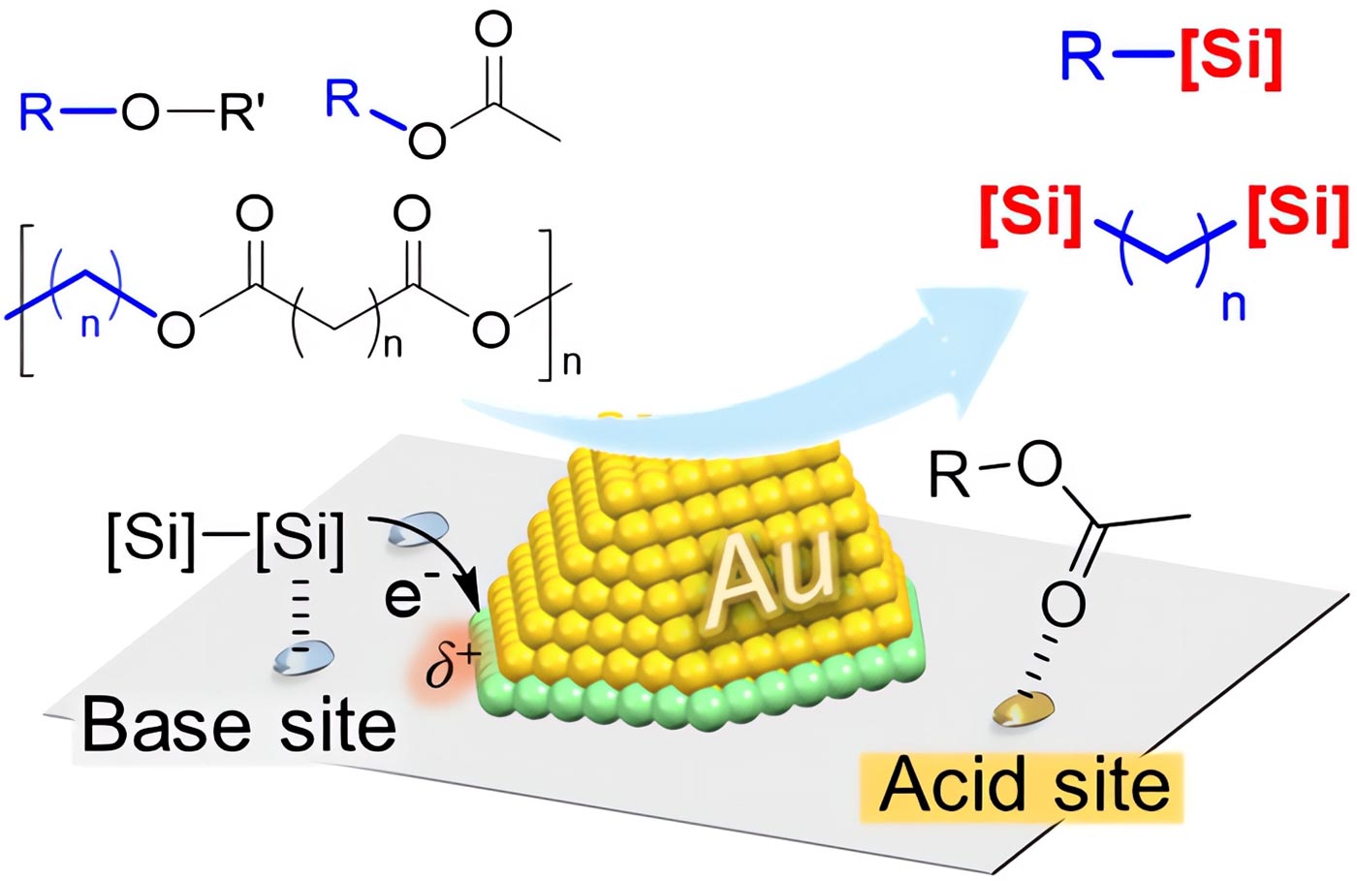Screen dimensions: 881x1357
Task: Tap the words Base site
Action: click(x=238, y=725)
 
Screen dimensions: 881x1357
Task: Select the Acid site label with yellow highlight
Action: click(x=1024, y=786)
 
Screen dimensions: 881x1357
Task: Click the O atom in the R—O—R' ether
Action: click(x=140, y=112)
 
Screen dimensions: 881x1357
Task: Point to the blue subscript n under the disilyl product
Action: click(x=1233, y=305)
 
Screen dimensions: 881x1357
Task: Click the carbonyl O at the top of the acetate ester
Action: click(x=493, y=29)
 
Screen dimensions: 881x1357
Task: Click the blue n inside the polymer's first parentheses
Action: click(x=89, y=324)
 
